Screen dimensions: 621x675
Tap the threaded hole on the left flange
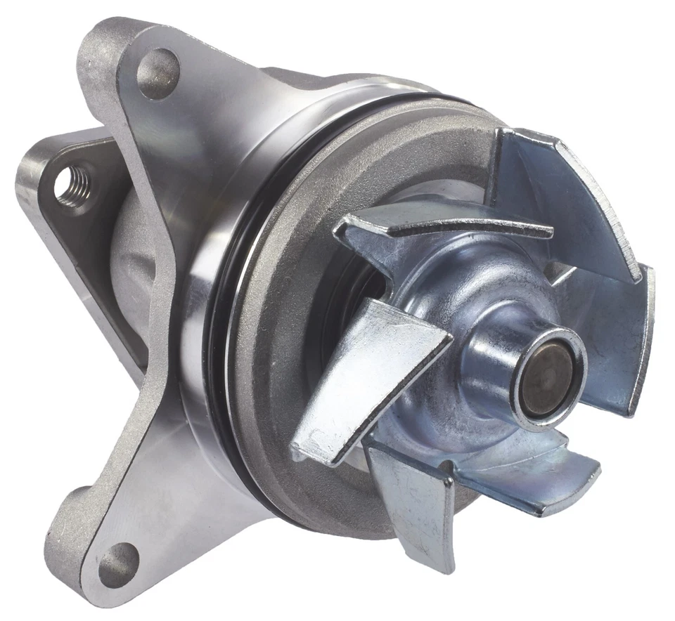[x=72, y=185]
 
